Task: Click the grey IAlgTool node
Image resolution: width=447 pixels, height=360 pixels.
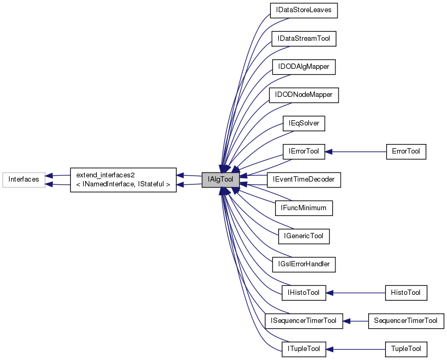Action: (221, 179)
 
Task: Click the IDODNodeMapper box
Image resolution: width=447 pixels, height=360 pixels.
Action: (304, 95)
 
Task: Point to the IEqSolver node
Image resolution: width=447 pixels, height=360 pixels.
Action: (304, 123)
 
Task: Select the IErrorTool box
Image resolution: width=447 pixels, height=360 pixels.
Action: (304, 151)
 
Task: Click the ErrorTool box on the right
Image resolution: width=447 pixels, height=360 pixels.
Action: (406, 151)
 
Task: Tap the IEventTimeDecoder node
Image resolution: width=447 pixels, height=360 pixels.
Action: (304, 179)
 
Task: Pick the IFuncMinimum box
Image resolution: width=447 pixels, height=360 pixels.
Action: (304, 208)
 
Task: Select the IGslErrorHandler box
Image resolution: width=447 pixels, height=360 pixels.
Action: (304, 264)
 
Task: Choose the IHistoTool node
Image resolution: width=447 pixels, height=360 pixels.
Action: (304, 292)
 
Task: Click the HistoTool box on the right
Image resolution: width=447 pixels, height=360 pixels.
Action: (406, 292)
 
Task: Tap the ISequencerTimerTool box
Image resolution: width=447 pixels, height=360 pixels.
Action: (304, 320)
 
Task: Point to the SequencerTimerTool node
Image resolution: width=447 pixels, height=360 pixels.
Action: (406, 320)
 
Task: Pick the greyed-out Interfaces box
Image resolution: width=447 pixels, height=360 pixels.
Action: (23, 179)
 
